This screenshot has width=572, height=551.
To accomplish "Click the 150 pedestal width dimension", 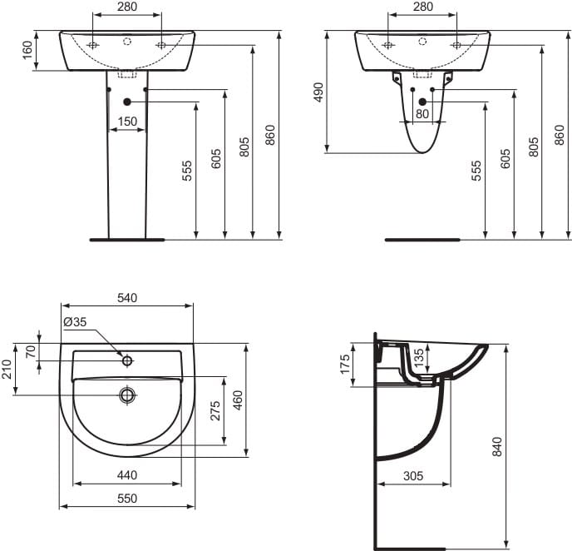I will coord(127,122).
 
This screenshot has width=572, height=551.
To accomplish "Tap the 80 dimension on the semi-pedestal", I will coord(422,113).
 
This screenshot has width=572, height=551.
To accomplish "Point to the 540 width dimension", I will coord(127,297).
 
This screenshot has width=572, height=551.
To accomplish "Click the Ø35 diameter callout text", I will coord(74,321).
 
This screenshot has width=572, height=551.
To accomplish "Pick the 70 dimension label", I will coord(32,351).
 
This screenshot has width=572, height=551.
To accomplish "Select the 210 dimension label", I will coord(7,369).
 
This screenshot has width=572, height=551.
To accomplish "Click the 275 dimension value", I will coord(215,410).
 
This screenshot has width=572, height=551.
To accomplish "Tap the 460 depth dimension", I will coord(238,400).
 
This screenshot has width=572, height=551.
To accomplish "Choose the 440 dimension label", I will coord(127,475).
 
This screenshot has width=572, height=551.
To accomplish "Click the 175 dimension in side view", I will coord(345,365).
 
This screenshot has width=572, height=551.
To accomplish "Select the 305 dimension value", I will coord(413,476).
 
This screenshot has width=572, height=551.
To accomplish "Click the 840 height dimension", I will coord(497,446).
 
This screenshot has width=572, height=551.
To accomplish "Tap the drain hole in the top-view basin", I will coord(127,395).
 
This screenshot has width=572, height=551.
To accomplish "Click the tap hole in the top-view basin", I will coord(127,360).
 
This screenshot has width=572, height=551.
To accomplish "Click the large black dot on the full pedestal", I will coord(127,102).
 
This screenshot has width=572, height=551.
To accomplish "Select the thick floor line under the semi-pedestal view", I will coord(422,239).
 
